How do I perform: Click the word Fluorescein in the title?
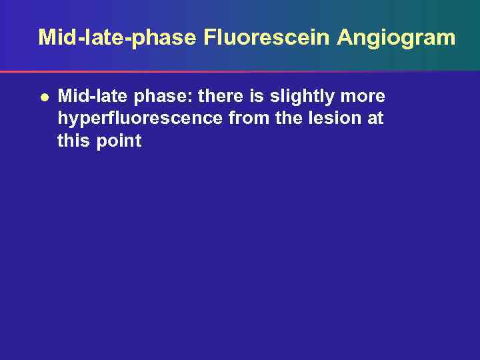(x=267, y=37)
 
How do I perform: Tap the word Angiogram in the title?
(x=396, y=37)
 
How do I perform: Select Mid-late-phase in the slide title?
(x=117, y=37)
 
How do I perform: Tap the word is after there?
(x=257, y=97)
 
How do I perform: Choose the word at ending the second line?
(x=375, y=119)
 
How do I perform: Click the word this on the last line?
(x=73, y=141)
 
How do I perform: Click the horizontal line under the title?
(x=240, y=71)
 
